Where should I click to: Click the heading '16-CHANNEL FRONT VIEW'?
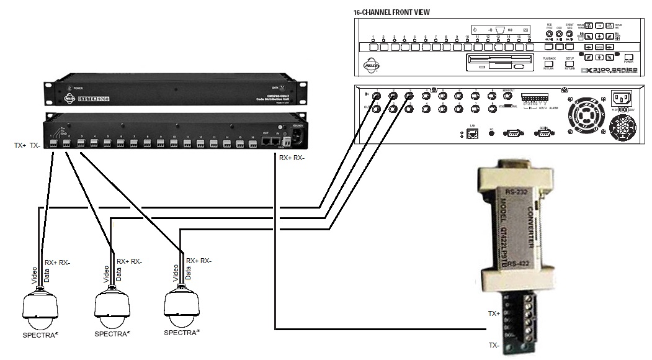click(x=391, y=12)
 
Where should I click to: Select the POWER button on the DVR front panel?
click(x=628, y=58)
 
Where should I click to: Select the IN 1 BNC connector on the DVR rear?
click(x=377, y=96)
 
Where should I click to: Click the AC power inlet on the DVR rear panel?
click(x=621, y=99)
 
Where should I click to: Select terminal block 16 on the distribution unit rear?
click(x=252, y=144)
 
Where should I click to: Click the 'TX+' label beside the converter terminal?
click(x=495, y=314)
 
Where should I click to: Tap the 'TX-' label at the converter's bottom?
click(x=494, y=345)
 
